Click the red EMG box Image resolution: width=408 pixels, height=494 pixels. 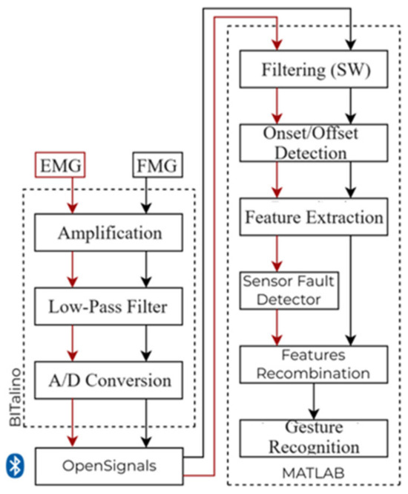tap(60, 165)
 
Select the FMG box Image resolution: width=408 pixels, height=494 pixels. tap(157, 165)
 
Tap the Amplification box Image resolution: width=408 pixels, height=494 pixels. tap(108, 233)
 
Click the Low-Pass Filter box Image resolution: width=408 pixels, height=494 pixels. tap(108, 306)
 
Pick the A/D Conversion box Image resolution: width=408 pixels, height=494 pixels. tap(108, 380)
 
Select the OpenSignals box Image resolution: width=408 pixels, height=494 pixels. tap(109, 466)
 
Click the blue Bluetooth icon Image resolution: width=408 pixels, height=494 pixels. tap(15, 466)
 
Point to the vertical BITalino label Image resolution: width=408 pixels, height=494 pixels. tap(15, 397)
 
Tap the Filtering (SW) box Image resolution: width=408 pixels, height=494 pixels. tap(314, 69)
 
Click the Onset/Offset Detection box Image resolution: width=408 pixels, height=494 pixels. tap(314, 143)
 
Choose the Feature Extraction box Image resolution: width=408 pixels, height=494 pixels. tap(314, 217)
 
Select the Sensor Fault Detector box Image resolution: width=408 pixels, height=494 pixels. tap(289, 290)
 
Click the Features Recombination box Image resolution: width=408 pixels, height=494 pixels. tap(314, 365)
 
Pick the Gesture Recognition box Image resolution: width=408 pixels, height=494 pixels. tap(314, 438)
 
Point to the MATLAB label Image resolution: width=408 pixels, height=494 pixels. tap(313, 473)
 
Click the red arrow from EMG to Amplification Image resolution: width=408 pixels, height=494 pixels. tap(73, 195)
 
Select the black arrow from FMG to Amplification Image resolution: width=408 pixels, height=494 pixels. tap(146, 195)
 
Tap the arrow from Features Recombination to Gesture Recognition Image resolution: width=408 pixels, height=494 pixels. tap(314, 401)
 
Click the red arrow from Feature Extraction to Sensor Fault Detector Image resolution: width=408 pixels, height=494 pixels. tap(277, 253)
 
